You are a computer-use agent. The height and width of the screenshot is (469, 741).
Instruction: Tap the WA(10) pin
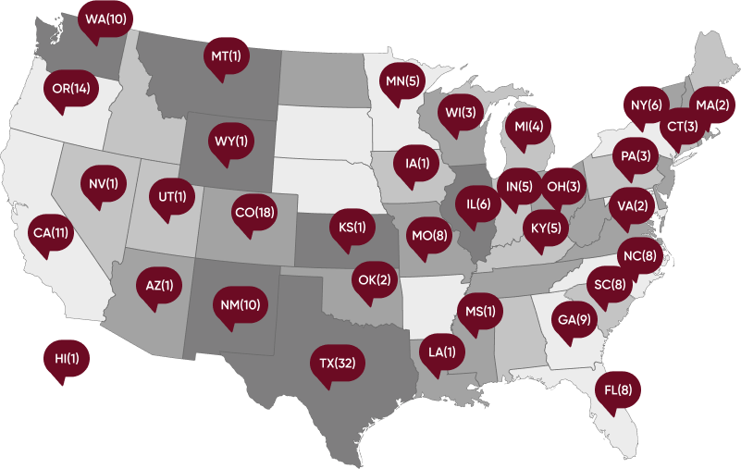tap(105, 19)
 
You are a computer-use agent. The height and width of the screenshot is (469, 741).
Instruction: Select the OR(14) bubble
tap(70, 89)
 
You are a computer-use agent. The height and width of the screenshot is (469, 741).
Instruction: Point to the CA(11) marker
tap(49, 231)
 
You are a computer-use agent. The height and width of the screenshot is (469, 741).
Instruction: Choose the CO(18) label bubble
tap(254, 213)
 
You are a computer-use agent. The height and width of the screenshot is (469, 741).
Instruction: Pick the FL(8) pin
tap(617, 389)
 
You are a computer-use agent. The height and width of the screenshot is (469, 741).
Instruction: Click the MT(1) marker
tap(226, 56)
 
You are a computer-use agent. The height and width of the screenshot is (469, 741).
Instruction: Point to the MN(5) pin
tap(402, 81)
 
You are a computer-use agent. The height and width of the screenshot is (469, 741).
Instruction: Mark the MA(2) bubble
tap(712, 105)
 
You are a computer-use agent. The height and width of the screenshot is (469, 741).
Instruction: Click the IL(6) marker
tap(478, 204)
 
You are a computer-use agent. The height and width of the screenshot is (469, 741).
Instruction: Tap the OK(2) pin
tap(374, 278)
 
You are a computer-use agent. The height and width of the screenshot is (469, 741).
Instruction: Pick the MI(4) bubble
tap(528, 125)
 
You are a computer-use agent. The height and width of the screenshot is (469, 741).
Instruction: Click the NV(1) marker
tap(103, 182)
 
